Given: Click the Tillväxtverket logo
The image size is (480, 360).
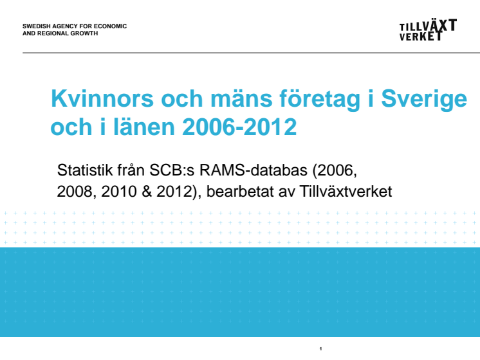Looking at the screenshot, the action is [x=428, y=30].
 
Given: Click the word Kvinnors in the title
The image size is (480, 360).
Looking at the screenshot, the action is [x=102, y=98].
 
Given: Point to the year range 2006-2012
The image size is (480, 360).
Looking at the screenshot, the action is [x=239, y=127].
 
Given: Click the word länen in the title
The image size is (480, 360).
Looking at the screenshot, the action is [x=144, y=127].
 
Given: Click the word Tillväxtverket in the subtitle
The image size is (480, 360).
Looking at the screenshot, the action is [x=346, y=192].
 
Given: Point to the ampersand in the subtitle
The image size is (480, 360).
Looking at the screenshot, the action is [x=147, y=192].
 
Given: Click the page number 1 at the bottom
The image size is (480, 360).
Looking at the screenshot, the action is [x=320, y=348].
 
